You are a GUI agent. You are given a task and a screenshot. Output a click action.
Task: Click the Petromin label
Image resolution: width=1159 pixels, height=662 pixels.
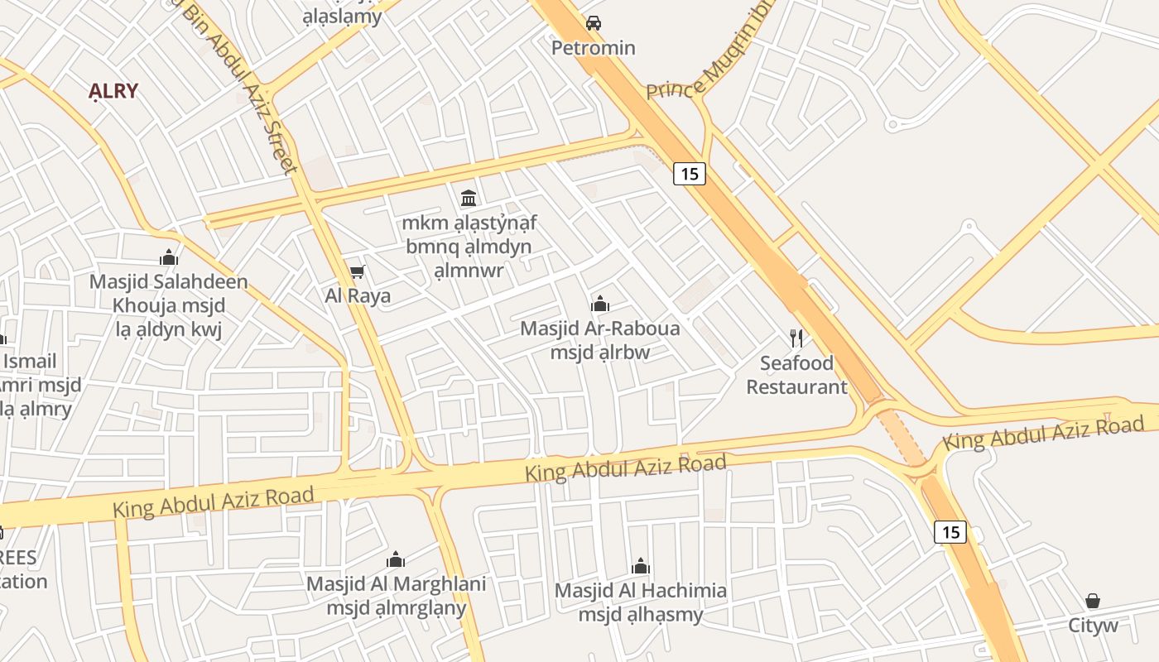pyautogui.click(x=594, y=48)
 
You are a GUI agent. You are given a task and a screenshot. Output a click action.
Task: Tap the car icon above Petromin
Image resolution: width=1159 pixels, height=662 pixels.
pyautogui.click(x=593, y=23)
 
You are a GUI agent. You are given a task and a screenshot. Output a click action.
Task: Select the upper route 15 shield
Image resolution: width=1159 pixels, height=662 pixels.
pyautogui.click(x=689, y=174)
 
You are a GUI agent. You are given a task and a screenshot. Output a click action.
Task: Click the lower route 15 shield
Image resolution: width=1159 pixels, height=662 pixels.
pyautogui.click(x=950, y=532)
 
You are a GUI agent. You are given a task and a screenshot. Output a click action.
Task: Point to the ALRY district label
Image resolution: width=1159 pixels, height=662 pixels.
pyautogui.click(x=113, y=91)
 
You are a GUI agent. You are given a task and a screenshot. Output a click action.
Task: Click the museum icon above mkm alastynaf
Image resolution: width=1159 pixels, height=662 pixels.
pyautogui.click(x=469, y=198)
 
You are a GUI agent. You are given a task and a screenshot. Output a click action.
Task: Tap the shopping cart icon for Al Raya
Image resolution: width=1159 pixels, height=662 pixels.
pyautogui.click(x=358, y=271)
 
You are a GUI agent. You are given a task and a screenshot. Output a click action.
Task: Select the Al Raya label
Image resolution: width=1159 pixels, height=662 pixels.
pyautogui.click(x=358, y=295)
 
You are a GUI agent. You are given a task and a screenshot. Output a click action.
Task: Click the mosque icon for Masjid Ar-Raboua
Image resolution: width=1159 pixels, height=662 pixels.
pyautogui.click(x=600, y=304)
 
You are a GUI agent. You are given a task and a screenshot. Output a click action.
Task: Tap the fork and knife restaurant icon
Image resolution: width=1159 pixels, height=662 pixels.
pyautogui.click(x=796, y=338)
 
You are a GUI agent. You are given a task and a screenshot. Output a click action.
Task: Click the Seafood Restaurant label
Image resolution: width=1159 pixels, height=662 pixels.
pyautogui.click(x=797, y=375)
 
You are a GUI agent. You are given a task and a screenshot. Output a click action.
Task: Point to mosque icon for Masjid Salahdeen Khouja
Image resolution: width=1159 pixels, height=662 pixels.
pyautogui.click(x=169, y=257)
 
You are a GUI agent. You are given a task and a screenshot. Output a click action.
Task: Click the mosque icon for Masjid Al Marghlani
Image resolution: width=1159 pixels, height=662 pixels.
pyautogui.click(x=396, y=560)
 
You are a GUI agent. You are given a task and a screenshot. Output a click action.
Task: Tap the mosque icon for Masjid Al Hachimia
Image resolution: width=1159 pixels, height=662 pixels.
pyautogui.click(x=641, y=567)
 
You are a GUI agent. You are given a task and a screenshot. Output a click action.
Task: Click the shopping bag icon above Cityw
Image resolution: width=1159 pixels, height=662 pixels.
pyautogui.click(x=1093, y=601)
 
